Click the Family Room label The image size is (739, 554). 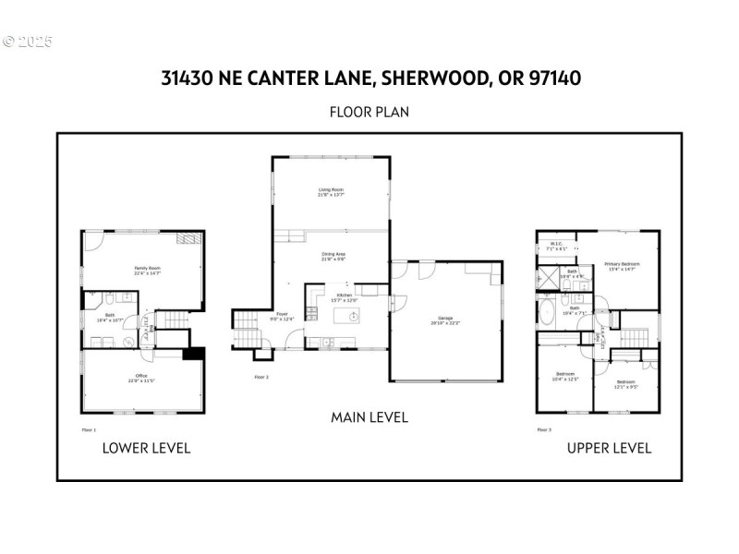(x=147, y=271)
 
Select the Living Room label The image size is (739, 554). (x=331, y=192)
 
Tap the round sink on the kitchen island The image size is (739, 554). (x=354, y=316)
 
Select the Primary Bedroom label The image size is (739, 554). (x=621, y=266)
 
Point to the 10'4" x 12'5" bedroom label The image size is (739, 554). (x=564, y=376)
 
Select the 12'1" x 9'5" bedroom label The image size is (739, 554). (x=625, y=383)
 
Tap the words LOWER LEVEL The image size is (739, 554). (x=146, y=448)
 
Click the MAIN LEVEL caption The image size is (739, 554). (x=369, y=417)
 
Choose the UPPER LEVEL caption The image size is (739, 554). (x=609, y=448)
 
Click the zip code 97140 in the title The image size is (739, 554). (x=552, y=78)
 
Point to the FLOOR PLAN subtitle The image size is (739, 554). (x=369, y=112)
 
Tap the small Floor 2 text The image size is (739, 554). (x=261, y=377)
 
